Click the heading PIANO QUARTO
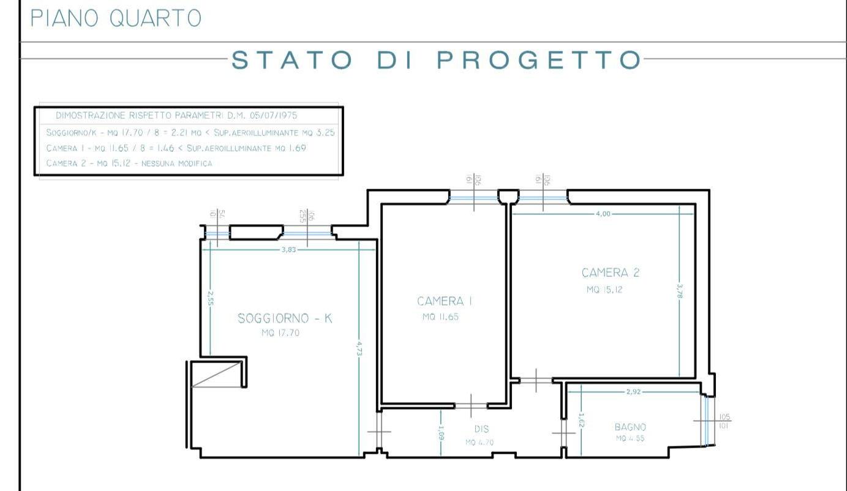point(116,18)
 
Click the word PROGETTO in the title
point(539,61)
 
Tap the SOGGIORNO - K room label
point(285,318)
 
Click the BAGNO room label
point(630,427)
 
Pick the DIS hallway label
point(481,429)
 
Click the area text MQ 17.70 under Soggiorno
point(280,334)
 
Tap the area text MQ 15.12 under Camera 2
point(604,290)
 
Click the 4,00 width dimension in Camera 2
point(603,214)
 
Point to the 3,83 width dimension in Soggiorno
point(288,249)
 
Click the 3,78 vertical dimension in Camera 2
point(680,290)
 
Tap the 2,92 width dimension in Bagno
point(633,392)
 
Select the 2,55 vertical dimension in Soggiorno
point(209,298)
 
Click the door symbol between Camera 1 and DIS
point(471,405)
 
